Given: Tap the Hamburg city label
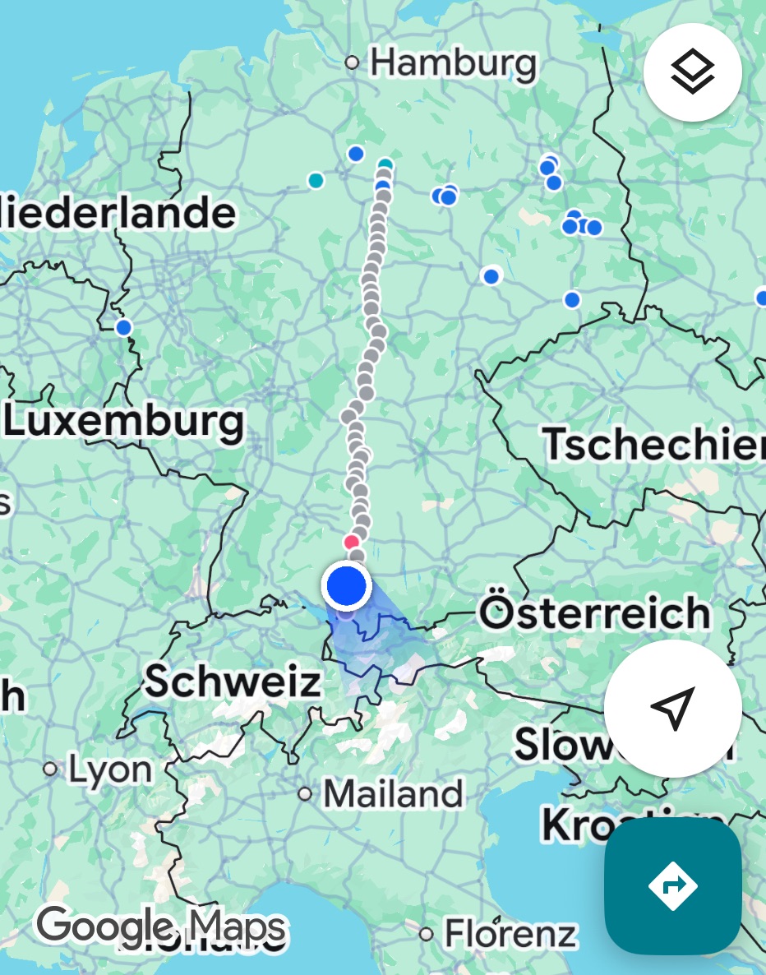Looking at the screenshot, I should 453,63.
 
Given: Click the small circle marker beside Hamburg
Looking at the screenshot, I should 353,62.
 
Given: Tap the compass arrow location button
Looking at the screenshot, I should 673,708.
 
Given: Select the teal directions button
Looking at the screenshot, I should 673,886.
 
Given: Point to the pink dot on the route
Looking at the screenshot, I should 352,543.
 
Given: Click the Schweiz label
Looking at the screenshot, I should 233,682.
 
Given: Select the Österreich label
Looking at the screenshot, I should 595,613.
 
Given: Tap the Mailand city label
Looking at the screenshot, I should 393,794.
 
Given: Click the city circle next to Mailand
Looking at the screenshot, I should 306,794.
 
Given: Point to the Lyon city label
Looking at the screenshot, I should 110,770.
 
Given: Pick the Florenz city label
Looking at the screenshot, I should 510,934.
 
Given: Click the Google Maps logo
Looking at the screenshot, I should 161,927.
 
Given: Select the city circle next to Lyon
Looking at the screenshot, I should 51,769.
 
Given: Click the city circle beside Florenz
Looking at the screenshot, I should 426,934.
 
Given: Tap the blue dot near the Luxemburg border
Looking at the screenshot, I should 124,328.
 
